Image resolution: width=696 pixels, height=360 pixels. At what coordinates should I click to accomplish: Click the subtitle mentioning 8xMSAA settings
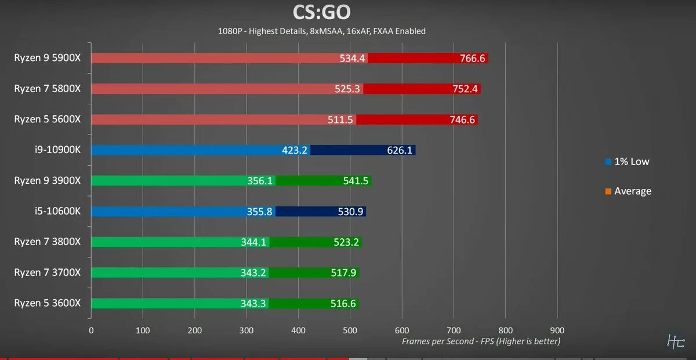[321, 31]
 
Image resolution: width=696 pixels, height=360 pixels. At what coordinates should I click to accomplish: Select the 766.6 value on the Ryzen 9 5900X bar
[473, 59]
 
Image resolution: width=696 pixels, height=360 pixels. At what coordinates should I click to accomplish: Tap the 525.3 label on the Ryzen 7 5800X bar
[350, 89]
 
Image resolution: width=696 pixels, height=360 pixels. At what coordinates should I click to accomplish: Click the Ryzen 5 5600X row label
[48, 119]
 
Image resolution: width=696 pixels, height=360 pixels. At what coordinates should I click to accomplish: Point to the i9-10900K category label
[58, 150]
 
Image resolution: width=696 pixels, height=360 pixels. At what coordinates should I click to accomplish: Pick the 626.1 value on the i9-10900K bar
[400, 150]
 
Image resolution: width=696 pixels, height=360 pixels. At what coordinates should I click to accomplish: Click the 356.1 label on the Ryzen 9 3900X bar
[259, 181]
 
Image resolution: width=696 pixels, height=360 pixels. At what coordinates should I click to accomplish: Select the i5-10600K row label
[58, 211]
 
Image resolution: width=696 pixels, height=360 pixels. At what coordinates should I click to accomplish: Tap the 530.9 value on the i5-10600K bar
[350, 212]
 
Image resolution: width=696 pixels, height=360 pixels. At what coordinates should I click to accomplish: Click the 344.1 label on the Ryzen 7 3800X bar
[253, 242]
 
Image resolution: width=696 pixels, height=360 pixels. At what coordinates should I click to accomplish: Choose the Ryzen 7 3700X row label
[48, 272]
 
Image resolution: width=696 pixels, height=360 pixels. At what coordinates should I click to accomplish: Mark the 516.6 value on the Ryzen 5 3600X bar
[343, 303]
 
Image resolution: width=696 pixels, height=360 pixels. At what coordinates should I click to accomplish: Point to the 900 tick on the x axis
[557, 330]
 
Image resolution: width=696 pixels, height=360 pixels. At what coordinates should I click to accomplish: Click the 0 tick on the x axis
[91, 330]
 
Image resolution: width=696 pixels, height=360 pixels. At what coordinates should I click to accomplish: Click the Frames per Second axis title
[481, 341]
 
